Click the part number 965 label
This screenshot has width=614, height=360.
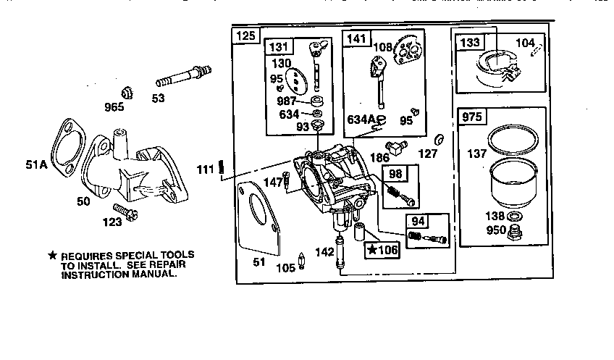pos(114,107)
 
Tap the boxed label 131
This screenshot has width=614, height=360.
pos(279,47)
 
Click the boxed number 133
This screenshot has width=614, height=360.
pos(470,43)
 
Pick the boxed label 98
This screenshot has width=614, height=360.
pos(395,173)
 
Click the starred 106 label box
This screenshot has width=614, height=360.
pos(382,251)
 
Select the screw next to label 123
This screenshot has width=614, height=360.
pos(130,212)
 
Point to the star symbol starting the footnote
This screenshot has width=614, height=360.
pos(52,256)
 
